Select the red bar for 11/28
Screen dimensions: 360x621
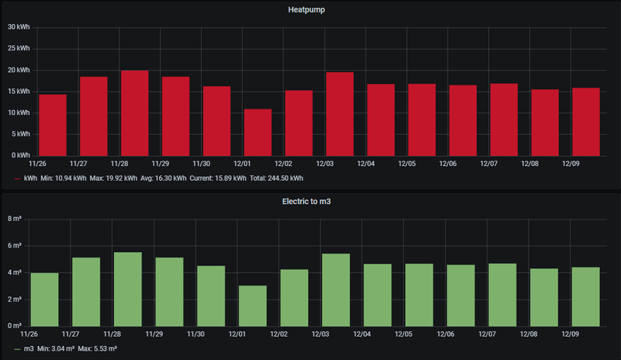pyautogui.click(x=134, y=112)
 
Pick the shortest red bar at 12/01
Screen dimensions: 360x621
pyautogui.click(x=258, y=132)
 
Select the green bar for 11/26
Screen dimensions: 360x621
pyautogui.click(x=44, y=299)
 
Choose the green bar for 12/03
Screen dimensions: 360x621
pyautogui.click(x=335, y=289)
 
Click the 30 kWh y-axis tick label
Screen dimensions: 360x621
pyautogui.click(x=18, y=27)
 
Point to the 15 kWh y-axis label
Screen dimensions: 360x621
pyautogui.click(x=18, y=92)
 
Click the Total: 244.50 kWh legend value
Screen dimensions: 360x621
pyautogui.click(x=276, y=178)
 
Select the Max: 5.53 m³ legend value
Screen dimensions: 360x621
pyautogui.click(x=100, y=348)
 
